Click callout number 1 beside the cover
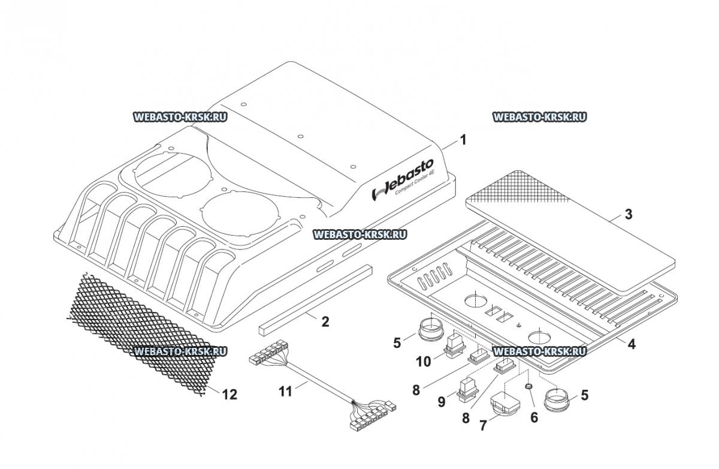coord(463,140)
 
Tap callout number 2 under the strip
coord(325,321)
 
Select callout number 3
coord(629,214)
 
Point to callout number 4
coord(632,344)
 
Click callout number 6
coord(534,417)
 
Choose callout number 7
coord(483,426)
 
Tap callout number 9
coord(442,402)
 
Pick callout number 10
coord(424,362)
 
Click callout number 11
coord(285,392)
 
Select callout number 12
coord(229,395)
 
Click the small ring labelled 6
coord(528,386)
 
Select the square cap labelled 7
coord(502,405)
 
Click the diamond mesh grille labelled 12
coord(141,334)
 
